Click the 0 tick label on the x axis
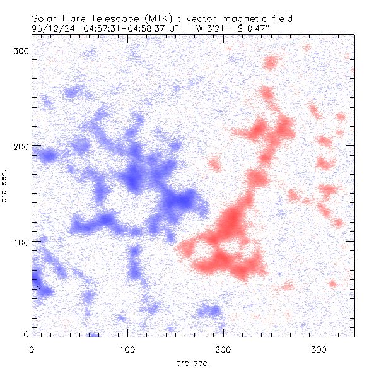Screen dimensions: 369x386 pos(32,349)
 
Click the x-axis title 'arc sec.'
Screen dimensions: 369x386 pos(193,363)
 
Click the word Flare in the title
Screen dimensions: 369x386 pos(74,19)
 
